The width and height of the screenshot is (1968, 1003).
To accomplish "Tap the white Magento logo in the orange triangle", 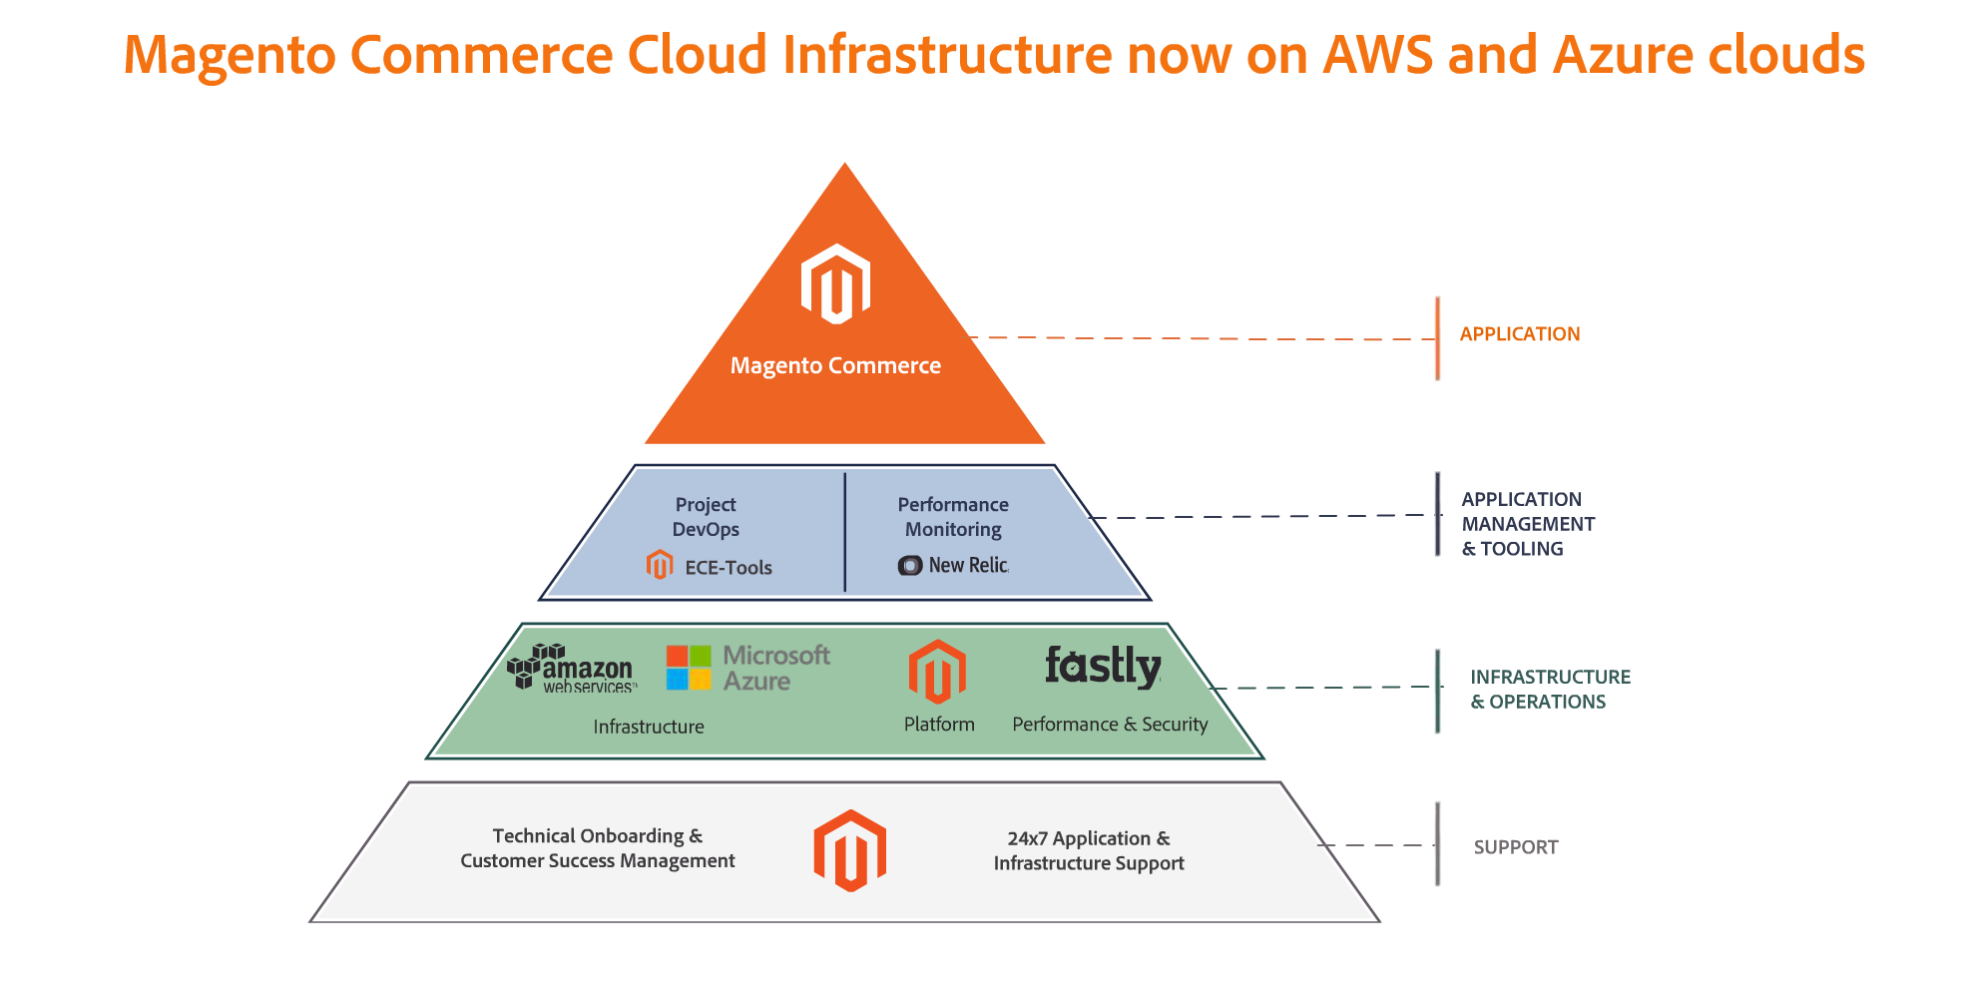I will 835,284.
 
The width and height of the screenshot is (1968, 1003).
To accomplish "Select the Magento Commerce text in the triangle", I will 835,366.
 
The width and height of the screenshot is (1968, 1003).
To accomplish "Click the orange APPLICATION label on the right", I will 1519,334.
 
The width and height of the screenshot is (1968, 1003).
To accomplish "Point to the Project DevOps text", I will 706,517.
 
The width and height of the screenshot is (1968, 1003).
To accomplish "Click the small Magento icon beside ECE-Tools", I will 659,565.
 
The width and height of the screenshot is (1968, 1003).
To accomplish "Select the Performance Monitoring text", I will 953,517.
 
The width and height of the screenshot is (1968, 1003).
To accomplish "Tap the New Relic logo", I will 953,566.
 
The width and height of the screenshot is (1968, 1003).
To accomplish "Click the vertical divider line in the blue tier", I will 844,532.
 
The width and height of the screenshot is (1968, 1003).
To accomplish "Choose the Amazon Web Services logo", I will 571,668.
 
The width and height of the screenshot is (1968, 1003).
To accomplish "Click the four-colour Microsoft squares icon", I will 689,668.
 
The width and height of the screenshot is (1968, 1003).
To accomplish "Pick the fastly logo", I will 1103,666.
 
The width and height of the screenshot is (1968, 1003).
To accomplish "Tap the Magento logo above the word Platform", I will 937,672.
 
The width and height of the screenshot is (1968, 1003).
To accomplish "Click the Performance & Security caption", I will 1110,725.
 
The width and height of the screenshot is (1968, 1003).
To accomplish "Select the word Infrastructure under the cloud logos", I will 649,728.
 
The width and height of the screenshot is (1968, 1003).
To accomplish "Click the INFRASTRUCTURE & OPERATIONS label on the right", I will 1549,690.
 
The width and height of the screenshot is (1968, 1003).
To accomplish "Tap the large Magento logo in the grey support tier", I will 849,850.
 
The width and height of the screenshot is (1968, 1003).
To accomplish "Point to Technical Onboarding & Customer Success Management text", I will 597,848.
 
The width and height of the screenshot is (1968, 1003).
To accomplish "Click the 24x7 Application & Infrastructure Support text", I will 1089,851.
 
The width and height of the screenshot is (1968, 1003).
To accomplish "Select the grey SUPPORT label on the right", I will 1515,847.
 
